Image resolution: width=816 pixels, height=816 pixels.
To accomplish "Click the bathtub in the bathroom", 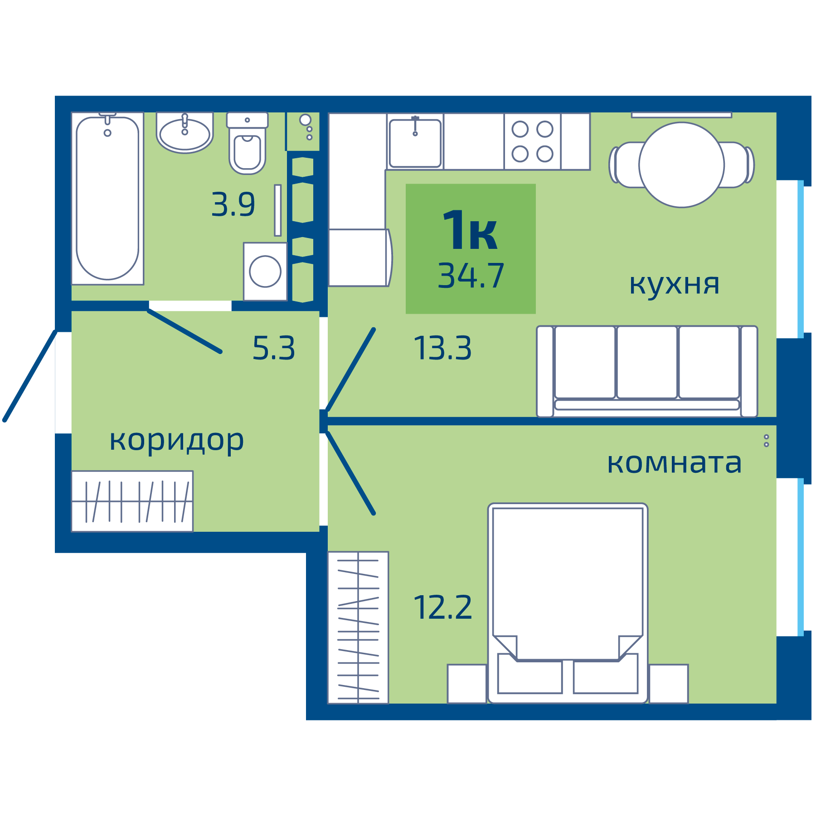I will tap(107, 199).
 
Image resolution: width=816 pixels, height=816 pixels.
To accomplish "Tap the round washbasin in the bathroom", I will tap(185, 134).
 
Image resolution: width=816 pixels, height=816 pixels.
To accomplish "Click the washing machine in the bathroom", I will tap(265, 271).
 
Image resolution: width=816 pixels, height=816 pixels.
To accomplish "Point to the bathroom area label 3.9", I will tap(233, 204).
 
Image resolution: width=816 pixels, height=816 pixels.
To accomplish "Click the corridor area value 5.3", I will tap(273, 348).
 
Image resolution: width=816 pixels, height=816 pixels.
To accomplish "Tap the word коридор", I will tap(177, 441).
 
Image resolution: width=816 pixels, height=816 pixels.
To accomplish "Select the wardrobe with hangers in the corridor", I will tap(132, 501).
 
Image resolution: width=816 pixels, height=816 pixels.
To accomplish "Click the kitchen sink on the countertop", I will tap(415, 142).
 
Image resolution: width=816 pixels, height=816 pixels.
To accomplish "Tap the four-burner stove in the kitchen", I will tap(532, 141).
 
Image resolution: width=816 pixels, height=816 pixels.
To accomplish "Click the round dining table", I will tap(681, 165).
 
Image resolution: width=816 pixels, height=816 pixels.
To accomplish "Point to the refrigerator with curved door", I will tap(359, 258).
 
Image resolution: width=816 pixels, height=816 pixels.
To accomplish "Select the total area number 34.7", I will tap(471, 276).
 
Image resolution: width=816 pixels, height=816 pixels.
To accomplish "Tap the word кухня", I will tap(674, 285).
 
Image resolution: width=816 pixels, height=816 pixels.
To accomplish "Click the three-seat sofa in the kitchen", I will tap(647, 371).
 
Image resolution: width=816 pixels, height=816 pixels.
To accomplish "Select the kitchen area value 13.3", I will tap(442, 348).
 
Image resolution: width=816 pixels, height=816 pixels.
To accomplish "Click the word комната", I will tap(674, 463).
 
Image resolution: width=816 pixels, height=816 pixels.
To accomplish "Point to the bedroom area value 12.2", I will tap(442, 607).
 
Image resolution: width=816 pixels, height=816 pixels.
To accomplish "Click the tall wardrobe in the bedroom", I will tap(358, 627).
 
